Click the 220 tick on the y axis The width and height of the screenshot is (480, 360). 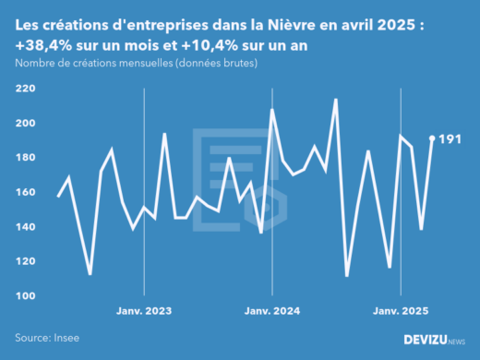[x=26, y=89]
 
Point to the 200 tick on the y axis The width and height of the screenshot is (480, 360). [x=26, y=123]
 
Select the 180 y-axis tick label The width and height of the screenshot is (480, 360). [x=26, y=158]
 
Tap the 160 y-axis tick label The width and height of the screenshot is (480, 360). [x=26, y=192]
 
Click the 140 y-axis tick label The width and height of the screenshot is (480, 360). [x=26, y=227]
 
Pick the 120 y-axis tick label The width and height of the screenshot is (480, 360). [x=26, y=261]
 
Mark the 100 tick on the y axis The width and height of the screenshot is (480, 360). [x=26, y=295]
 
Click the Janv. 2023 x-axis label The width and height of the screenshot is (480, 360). [x=144, y=310]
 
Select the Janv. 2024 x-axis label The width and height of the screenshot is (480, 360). [x=272, y=310]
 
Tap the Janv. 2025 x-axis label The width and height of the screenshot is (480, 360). [x=401, y=310]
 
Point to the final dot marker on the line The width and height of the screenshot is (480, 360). [x=432, y=138]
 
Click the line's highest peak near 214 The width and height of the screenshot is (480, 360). [x=336, y=100]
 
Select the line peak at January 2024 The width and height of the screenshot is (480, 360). [x=272, y=110]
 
